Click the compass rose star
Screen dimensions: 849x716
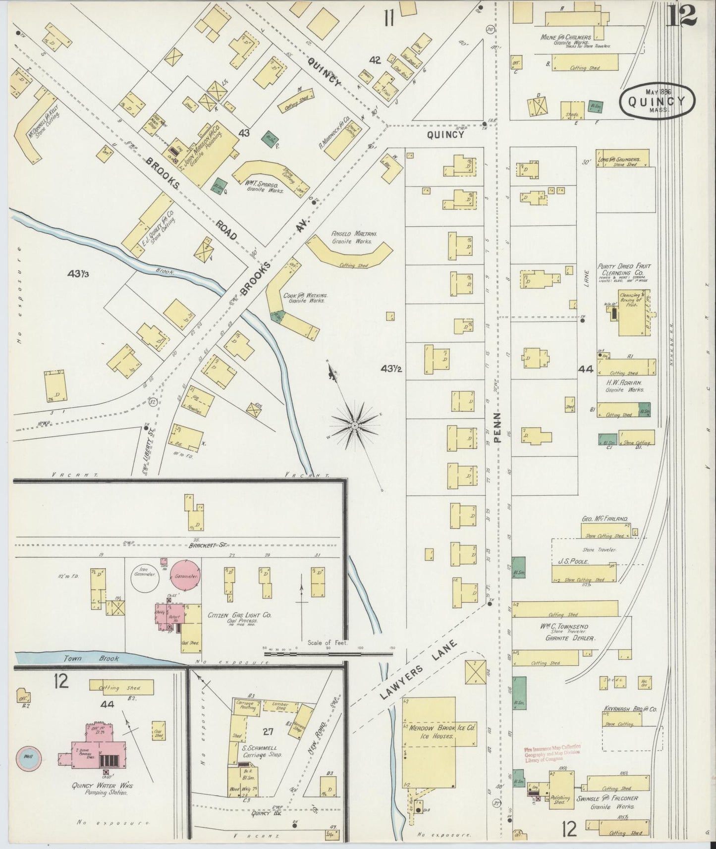click(355, 425)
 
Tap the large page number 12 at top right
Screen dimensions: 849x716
click(681, 16)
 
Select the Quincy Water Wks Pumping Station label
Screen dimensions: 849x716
click(103, 789)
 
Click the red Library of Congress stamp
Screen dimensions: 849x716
click(552, 753)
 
